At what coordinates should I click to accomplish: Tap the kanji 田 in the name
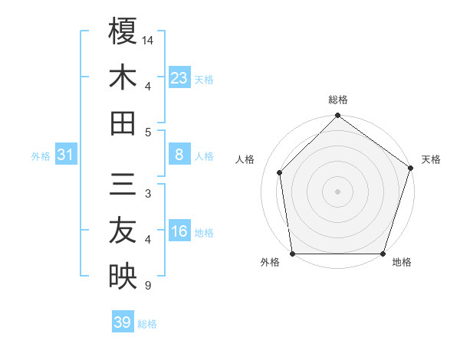click(123, 123)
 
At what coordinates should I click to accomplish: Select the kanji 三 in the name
click(123, 185)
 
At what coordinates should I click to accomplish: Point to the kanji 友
click(123, 231)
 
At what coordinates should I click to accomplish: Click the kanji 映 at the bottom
click(123, 277)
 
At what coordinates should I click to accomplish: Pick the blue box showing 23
click(179, 77)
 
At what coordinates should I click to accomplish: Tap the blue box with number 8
click(179, 155)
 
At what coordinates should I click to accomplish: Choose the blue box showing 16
click(179, 231)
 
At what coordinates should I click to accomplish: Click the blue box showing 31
click(66, 155)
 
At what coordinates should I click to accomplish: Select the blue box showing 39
click(123, 322)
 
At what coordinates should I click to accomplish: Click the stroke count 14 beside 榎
click(149, 39)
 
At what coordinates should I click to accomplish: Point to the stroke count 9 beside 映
click(147, 286)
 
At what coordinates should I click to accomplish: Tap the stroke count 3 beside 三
click(147, 194)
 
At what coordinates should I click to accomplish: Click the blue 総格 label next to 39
click(147, 324)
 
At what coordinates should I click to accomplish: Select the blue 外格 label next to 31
click(41, 156)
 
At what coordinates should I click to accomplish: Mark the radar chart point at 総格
click(337, 116)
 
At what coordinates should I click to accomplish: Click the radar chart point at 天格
click(410, 169)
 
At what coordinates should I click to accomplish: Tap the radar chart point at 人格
click(279, 172)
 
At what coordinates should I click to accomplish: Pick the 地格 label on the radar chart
click(402, 263)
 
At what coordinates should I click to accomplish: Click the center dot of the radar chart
click(337, 191)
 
